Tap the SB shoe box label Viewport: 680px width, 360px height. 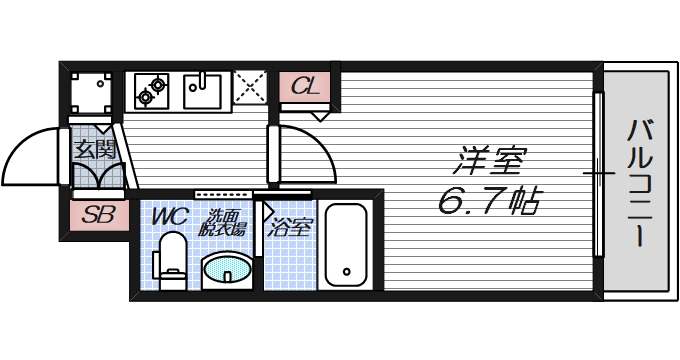[97, 214]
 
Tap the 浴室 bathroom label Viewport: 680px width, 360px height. [289, 225]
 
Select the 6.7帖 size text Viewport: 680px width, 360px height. [488, 203]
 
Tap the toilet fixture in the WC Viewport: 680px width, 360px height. [171, 260]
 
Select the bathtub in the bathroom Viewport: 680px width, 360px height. [346, 245]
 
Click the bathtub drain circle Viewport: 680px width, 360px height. [346, 270]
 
